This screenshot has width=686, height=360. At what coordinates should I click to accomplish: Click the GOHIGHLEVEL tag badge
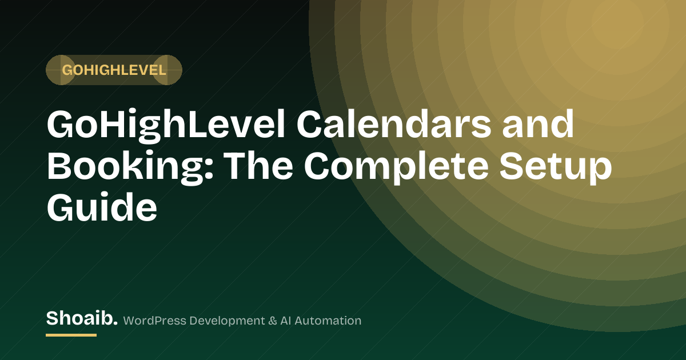click(x=114, y=70)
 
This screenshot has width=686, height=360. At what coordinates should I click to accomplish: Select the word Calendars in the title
click(x=393, y=125)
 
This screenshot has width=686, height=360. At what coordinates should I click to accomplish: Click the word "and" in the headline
click(x=538, y=125)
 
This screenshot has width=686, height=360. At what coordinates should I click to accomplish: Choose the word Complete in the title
click(x=396, y=167)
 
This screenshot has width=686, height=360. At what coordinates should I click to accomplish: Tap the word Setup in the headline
click(x=556, y=167)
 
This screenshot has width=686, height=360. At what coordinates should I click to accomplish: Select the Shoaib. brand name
click(x=82, y=318)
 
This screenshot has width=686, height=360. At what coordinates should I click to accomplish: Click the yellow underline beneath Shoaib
click(x=71, y=335)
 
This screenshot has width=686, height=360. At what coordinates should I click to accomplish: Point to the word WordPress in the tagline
click(x=155, y=321)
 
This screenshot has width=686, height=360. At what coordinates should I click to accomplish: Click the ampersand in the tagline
click(x=272, y=321)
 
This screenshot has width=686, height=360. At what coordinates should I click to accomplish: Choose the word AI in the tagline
click(x=285, y=321)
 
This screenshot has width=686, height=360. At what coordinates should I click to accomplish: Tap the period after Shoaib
click(x=115, y=323)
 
